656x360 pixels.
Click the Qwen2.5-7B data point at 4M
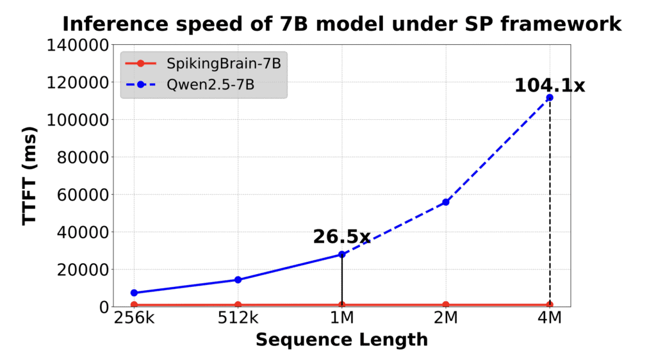(x=550, y=97)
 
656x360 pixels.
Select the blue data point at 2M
(x=446, y=202)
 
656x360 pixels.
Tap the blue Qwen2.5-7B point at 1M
(x=342, y=254)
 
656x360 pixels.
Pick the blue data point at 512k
(x=238, y=279)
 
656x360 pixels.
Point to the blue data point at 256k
(x=134, y=293)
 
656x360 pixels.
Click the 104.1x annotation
(x=550, y=85)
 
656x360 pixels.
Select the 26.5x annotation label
(x=341, y=237)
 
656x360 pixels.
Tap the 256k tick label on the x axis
(x=134, y=318)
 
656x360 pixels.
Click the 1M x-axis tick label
(x=342, y=318)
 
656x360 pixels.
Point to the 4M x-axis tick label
(x=550, y=318)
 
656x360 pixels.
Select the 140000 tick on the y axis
(x=75, y=45)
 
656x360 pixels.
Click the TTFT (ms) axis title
(x=29, y=176)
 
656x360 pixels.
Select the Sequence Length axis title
(x=341, y=340)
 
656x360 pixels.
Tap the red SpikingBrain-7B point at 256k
(x=134, y=305)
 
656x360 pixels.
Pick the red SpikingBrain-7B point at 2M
(x=446, y=305)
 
